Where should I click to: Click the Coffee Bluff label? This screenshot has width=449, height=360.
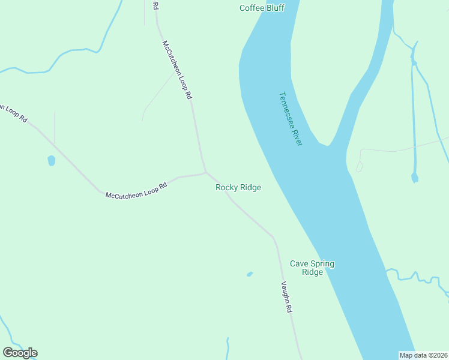pyautogui.click(x=262, y=8)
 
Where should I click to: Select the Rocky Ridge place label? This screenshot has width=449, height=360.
pyautogui.click(x=238, y=188)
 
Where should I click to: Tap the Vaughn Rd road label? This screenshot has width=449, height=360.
pyautogui.click(x=287, y=298)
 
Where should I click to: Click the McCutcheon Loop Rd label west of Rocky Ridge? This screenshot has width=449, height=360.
pyautogui.click(x=136, y=191)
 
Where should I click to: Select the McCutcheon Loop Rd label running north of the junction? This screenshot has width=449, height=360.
pyautogui.click(x=177, y=70)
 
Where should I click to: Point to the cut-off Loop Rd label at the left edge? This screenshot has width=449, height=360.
pyautogui.click(x=13, y=112)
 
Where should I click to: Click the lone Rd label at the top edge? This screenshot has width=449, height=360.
pyautogui.click(x=155, y=6)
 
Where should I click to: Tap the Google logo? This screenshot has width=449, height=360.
pyautogui.click(x=20, y=353)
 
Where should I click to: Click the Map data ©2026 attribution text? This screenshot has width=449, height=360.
pyautogui.click(x=423, y=355)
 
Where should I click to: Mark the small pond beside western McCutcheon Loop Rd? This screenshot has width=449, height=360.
pyautogui.click(x=51, y=160)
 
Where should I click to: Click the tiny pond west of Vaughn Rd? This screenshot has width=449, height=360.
pyautogui.click(x=250, y=274)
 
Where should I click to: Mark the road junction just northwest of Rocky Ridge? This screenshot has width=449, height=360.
pyautogui.click(x=206, y=172)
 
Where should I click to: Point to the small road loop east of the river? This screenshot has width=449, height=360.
pyautogui.click(x=359, y=166)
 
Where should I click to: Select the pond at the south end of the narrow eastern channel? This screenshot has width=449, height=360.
pyautogui.click(x=414, y=178)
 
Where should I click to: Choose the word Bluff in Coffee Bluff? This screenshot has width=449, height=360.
pyautogui.click(x=274, y=8)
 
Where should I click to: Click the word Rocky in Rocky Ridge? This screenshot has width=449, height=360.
pyautogui.click(x=227, y=188)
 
